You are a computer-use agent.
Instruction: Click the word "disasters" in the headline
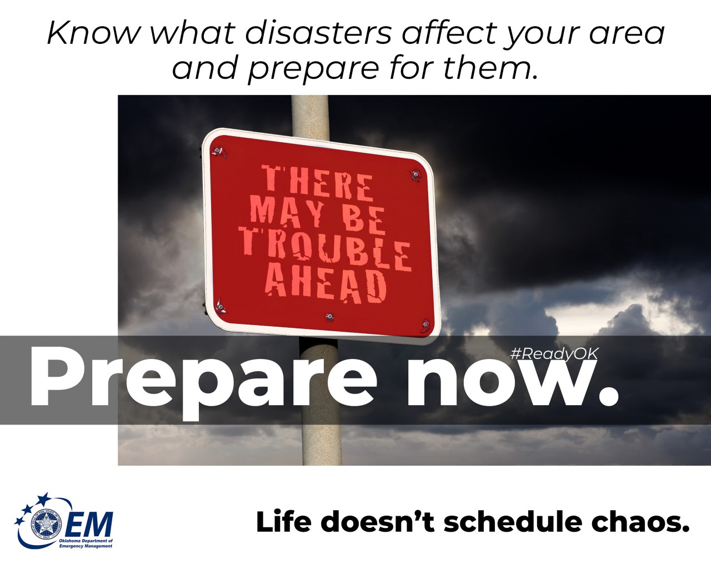point(318,33)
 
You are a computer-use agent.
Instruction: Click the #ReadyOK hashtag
point(554,354)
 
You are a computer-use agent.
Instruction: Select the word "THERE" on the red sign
point(318,183)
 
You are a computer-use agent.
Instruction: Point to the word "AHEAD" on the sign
point(326,285)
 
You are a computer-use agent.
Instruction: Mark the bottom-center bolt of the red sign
point(329,318)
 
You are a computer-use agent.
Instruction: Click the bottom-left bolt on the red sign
point(221,305)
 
